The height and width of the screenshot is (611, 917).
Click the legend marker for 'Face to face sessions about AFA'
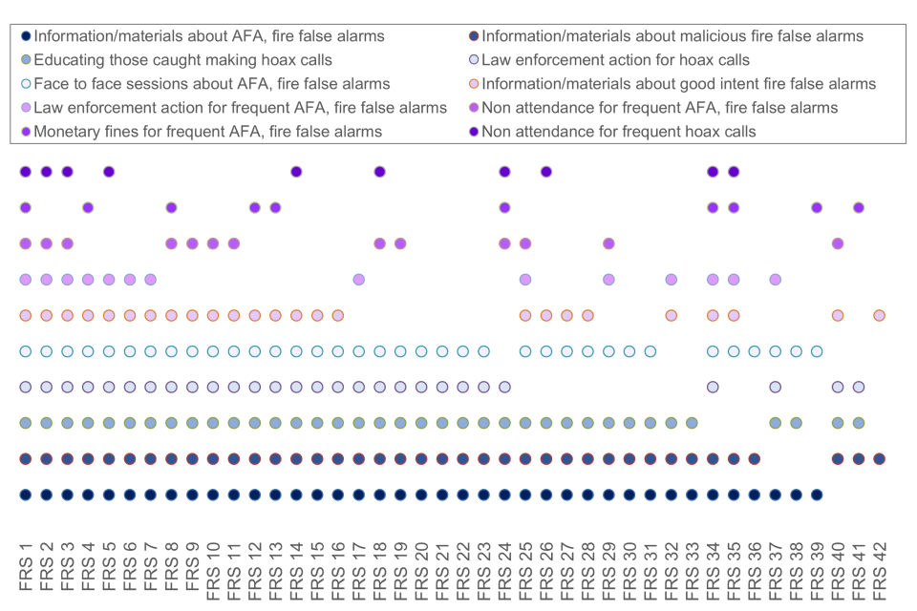pos(26,84)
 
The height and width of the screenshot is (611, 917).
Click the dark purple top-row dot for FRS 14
pos(296,172)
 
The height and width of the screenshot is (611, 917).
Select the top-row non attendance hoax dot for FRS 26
pos(545,172)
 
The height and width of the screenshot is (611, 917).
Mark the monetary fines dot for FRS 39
pos(817,207)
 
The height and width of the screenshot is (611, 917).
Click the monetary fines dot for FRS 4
pos(88,207)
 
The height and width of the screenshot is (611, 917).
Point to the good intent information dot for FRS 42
pos(879,315)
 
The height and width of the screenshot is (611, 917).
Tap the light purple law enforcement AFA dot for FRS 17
pos(358,280)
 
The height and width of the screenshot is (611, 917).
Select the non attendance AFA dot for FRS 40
pos(838,243)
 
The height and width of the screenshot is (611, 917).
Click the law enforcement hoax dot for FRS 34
pos(713,387)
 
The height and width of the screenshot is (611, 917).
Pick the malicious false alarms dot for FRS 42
pos(879,459)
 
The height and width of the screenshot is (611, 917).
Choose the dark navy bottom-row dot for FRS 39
pos(817,495)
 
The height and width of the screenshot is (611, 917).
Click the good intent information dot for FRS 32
pos(671,315)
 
